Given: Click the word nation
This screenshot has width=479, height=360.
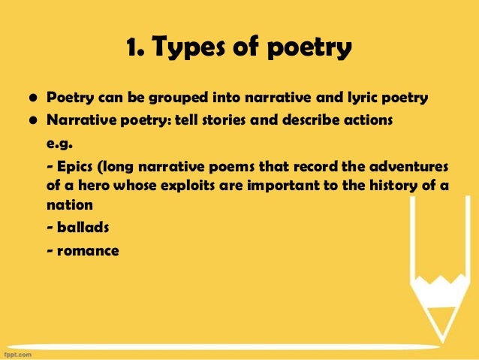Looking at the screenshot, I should [70, 204].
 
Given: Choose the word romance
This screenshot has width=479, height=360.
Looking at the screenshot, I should [86, 250].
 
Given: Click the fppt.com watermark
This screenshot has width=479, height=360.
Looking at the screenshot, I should [19, 352].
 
